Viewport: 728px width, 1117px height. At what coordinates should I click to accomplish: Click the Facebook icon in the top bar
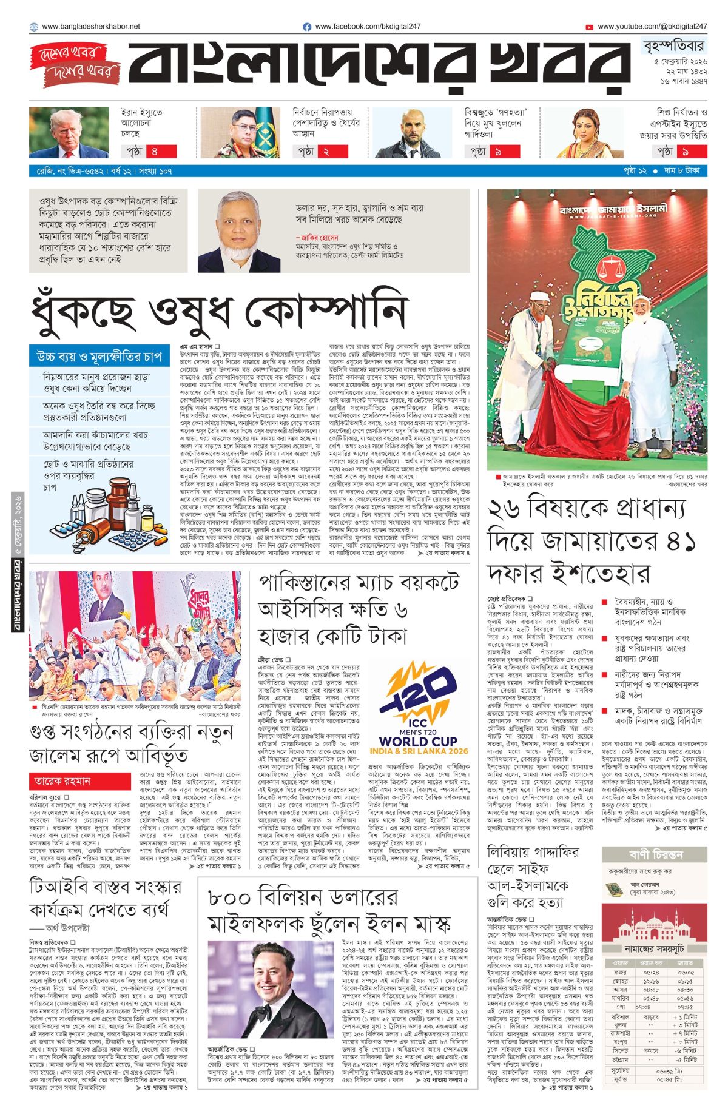click(x=307, y=27)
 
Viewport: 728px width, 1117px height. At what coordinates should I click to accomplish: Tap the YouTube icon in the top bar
click(x=589, y=27)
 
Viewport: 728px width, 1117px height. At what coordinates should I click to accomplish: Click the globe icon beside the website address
click(x=33, y=27)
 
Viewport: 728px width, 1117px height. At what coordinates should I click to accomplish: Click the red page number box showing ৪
click(x=163, y=151)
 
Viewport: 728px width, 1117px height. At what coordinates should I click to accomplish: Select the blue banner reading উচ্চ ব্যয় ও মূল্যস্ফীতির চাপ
click(x=99, y=355)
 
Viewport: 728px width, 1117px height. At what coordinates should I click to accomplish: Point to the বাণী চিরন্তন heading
click(x=655, y=855)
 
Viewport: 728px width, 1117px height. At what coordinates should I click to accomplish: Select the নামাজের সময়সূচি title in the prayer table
click(x=655, y=948)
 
